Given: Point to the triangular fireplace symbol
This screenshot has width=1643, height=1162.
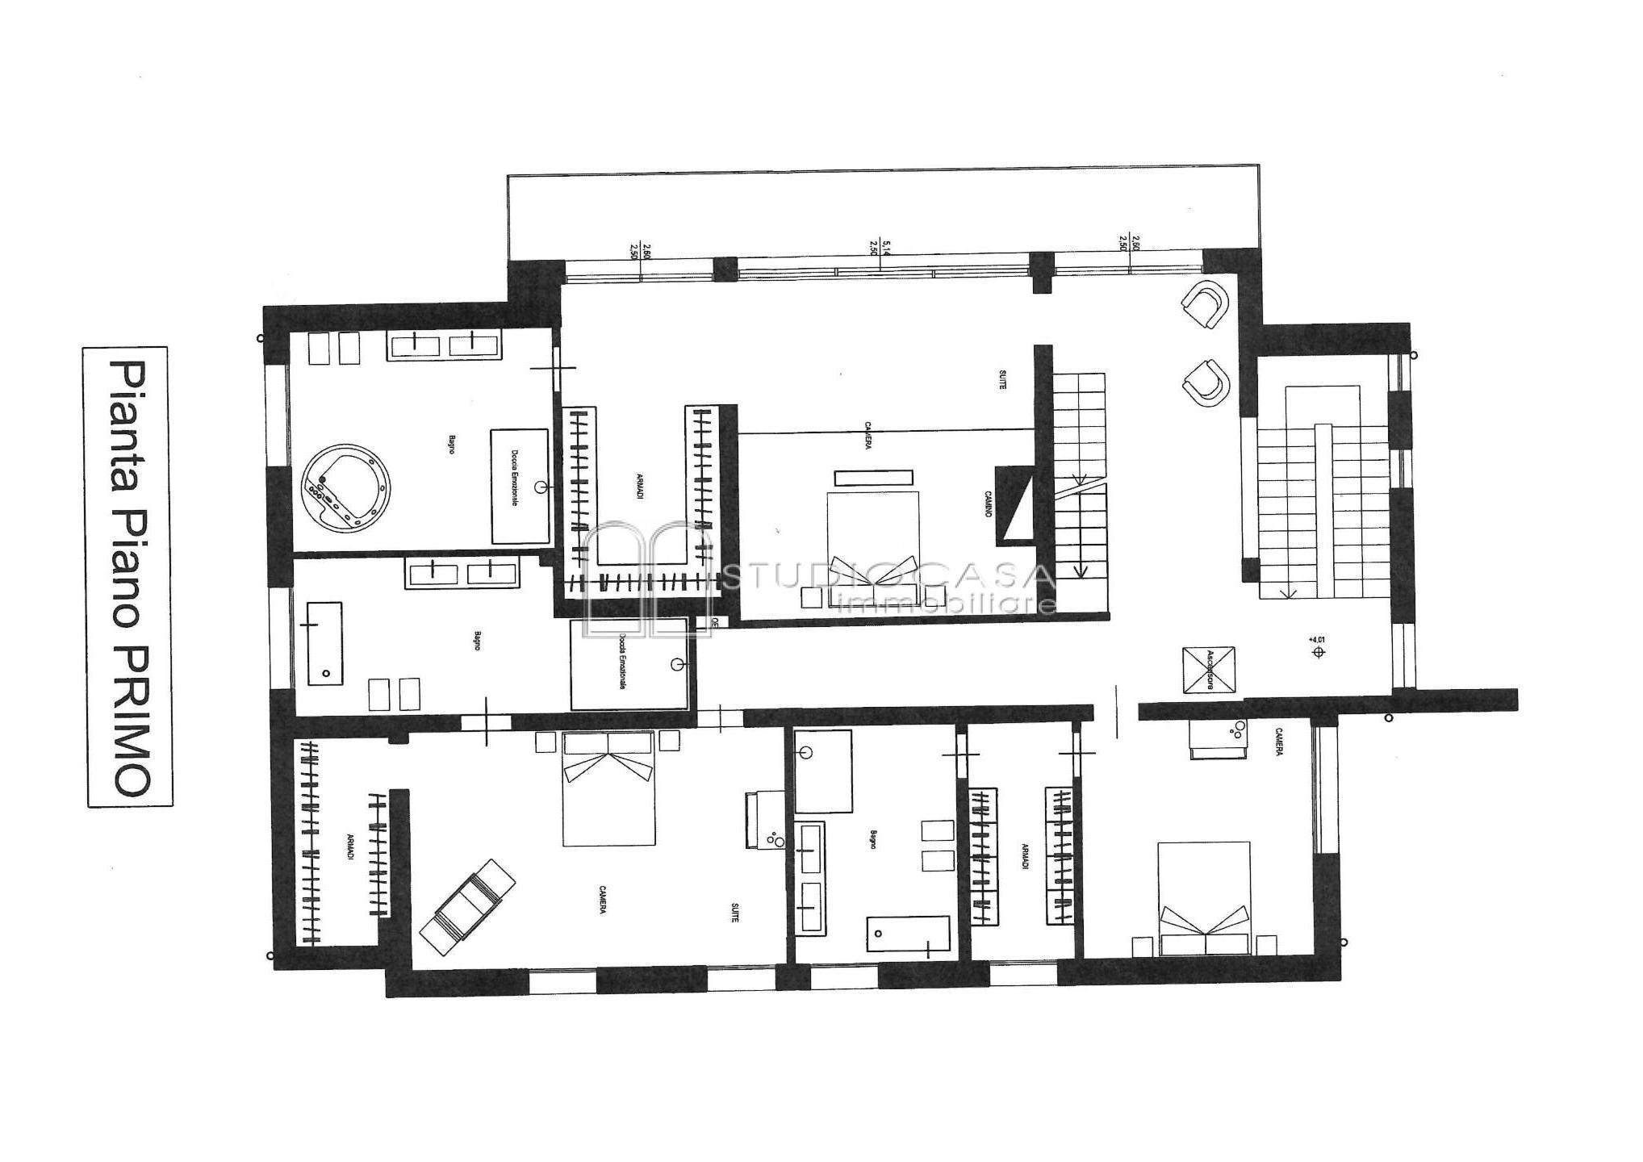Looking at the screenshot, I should click(x=1015, y=504).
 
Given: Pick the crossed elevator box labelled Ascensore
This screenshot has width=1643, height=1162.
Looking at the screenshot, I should click(x=1209, y=669).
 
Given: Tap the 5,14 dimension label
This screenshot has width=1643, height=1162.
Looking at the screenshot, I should click(x=886, y=247).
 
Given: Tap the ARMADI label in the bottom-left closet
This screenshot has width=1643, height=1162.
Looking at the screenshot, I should click(x=350, y=846).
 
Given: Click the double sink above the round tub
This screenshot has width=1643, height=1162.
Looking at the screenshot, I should click(x=445, y=345).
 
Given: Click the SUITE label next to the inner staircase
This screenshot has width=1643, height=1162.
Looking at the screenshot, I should click(x=1002, y=381).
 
